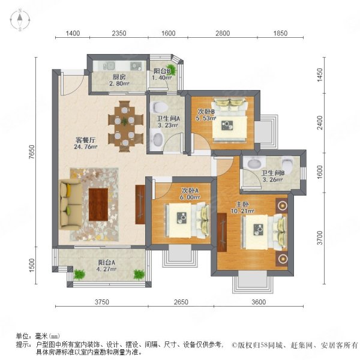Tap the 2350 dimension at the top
click(x=119, y=33)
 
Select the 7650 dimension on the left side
click(x=32, y=152)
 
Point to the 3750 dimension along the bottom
click(x=102, y=302)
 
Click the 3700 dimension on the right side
click(x=320, y=238)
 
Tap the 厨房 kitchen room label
click(x=119, y=77)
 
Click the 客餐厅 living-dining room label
click(x=86, y=140)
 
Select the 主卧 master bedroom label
click(x=242, y=205)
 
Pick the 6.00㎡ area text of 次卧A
click(x=190, y=197)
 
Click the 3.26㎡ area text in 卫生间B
click(x=272, y=179)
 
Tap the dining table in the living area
click(x=125, y=126)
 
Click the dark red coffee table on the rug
click(x=98, y=205)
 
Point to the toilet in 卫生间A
click(x=160, y=107)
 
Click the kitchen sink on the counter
click(x=109, y=66)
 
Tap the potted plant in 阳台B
click(x=173, y=70)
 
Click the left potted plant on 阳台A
click(x=79, y=274)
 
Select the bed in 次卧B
click(x=230, y=120)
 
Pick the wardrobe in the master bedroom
click(x=222, y=232)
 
